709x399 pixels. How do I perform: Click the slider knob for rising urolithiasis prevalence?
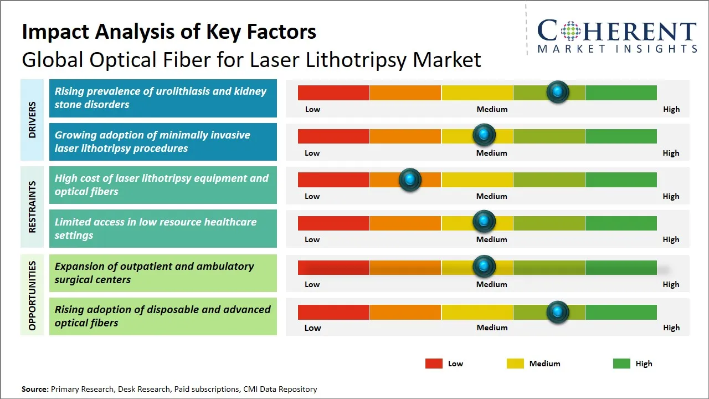pos(558,91)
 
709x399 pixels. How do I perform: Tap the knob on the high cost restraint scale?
pos(410,179)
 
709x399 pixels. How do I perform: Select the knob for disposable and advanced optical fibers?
pos(558,312)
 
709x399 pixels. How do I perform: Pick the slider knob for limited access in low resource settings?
pos(484,222)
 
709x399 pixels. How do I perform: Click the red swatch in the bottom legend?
pos(434,364)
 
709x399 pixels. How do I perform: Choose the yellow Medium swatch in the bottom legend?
pos(515,364)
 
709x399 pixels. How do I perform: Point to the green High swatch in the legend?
pos(621,364)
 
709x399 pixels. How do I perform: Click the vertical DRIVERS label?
pos(32,120)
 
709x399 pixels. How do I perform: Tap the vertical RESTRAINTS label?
pos(32,207)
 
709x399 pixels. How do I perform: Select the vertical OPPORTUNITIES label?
pos(32,295)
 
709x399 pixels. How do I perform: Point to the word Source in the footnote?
pos(35,389)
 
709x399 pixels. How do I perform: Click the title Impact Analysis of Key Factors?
pos(169,32)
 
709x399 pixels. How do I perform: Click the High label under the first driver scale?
pos(671,109)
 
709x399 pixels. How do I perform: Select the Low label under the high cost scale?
pos(312,196)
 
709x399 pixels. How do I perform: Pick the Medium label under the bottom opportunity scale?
pos(492,328)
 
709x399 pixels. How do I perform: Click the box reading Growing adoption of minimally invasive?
pos(163,142)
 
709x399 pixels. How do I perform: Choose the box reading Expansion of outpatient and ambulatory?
pos(163,273)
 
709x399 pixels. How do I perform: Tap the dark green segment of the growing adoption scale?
pos(620,136)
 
